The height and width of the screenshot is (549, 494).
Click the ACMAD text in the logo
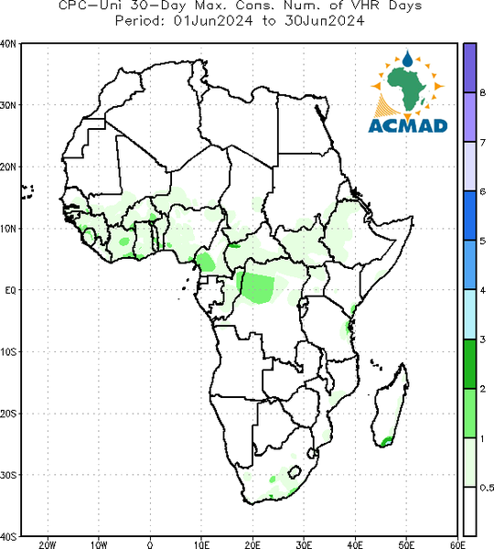(x=408, y=125)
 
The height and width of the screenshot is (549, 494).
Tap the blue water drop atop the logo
(x=407, y=59)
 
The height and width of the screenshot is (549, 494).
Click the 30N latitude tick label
(x=8, y=105)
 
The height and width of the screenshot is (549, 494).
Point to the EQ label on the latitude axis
(x=10, y=290)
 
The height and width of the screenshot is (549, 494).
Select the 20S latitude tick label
(x=8, y=414)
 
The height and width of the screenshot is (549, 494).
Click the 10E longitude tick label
(x=201, y=544)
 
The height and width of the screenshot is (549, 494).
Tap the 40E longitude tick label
(x=355, y=544)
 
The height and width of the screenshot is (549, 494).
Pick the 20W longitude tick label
(x=48, y=544)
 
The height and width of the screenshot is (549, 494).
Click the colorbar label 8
(x=482, y=92)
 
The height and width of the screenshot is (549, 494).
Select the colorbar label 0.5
(x=487, y=488)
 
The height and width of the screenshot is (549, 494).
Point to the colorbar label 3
(x=482, y=339)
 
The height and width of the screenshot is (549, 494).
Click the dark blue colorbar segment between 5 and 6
(x=469, y=216)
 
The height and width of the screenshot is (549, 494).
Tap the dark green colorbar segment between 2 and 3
(x=469, y=364)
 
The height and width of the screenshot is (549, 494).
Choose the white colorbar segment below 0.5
(x=469, y=511)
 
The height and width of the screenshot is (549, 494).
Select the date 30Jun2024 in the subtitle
(x=324, y=21)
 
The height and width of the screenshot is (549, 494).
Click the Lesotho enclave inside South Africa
(x=295, y=471)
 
